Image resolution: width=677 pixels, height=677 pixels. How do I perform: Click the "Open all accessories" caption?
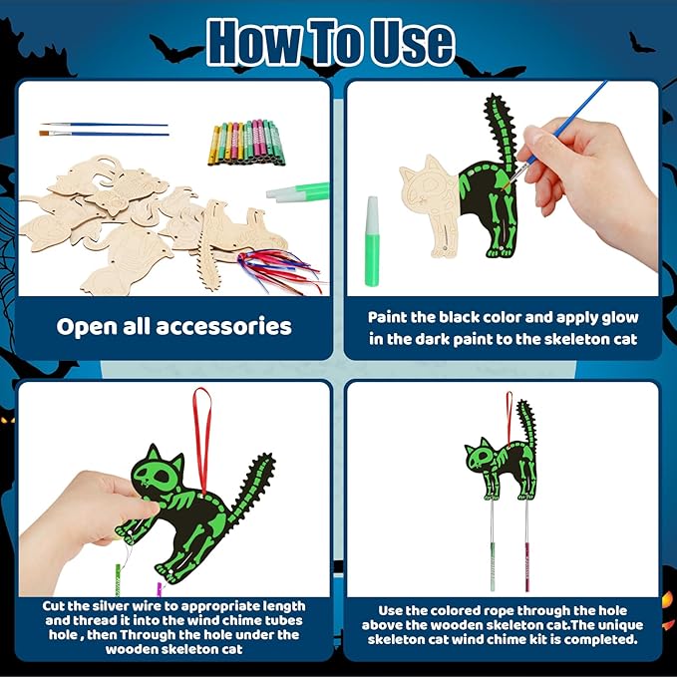174,326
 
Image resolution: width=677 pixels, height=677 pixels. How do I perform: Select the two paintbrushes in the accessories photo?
104,129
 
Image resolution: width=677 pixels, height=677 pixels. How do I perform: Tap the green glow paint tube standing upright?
373,240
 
